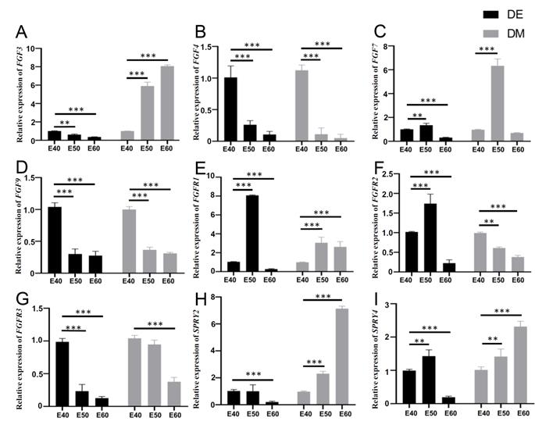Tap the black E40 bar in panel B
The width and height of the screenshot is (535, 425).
231,109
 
